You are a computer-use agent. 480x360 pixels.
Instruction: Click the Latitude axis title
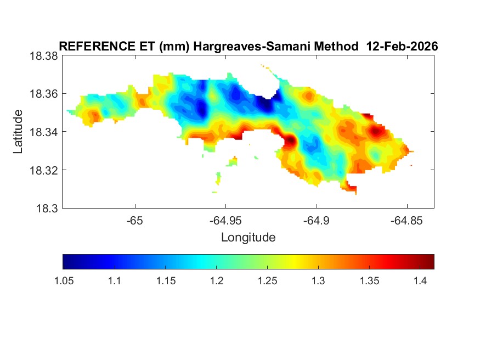tap(19, 132)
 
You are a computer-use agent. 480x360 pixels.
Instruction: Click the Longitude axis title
tap(248, 238)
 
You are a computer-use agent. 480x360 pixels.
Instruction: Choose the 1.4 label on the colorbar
tap(420, 281)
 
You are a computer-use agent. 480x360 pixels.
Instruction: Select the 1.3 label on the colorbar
tap(318, 281)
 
